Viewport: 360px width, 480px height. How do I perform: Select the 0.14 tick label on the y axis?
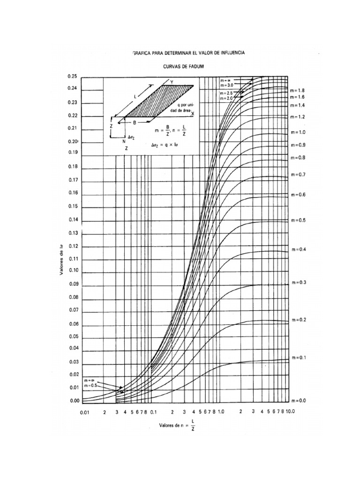[72, 219]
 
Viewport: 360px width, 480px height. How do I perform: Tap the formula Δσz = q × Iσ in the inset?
[165, 145]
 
